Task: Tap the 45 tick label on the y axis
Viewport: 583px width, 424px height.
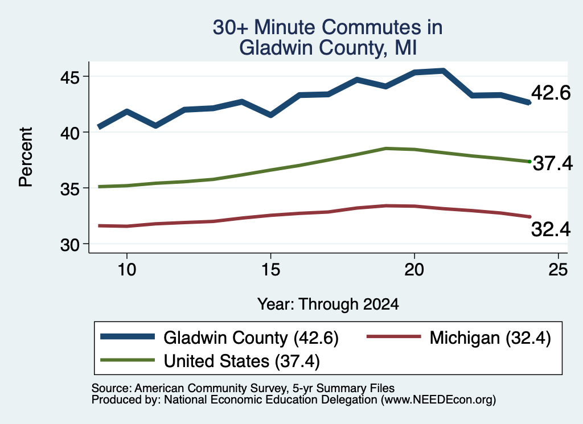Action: [x=70, y=77]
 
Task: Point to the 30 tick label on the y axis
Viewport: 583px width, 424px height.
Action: [x=70, y=245]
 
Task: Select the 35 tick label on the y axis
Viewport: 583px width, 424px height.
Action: [x=70, y=189]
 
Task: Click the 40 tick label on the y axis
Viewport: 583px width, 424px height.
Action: [x=70, y=133]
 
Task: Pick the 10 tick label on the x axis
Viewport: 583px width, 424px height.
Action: [x=127, y=269]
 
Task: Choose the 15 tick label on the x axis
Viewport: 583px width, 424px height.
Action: [x=270, y=269]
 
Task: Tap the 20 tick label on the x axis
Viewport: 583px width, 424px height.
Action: [x=414, y=269]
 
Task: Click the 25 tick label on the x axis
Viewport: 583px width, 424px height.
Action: [x=558, y=269]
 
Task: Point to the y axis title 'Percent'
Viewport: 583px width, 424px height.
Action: [x=26, y=157]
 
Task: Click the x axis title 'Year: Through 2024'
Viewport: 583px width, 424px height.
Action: [x=328, y=304]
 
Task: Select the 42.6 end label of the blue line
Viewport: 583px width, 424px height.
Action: [x=551, y=93]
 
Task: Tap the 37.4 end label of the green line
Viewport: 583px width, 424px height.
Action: [x=553, y=163]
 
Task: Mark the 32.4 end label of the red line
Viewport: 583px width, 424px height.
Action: [x=551, y=229]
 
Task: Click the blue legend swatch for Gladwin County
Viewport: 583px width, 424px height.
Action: [x=128, y=336]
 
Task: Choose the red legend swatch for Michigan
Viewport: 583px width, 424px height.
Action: [x=394, y=336]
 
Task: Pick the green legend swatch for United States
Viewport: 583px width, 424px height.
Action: [x=128, y=360]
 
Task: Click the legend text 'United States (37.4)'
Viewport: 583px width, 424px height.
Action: [x=241, y=361]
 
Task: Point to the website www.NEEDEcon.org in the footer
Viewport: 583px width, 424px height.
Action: [x=438, y=400]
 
